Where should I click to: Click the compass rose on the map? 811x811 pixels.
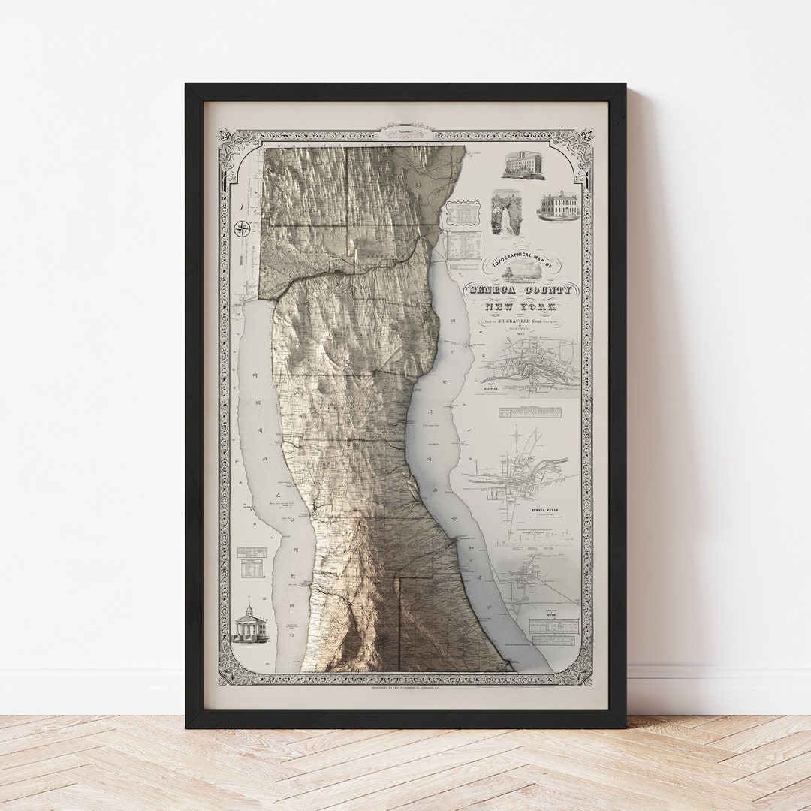point(242,228)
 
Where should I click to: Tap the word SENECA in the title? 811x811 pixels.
point(493,290)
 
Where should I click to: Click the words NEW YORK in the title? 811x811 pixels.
point(520,307)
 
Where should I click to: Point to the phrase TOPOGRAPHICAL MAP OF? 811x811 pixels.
point(519,258)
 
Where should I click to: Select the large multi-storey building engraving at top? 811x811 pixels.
point(523,165)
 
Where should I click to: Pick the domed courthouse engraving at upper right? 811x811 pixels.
point(558,205)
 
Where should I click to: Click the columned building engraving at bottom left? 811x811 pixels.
point(250,623)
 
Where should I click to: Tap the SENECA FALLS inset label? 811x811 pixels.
point(544,510)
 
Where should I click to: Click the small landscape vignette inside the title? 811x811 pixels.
point(521,271)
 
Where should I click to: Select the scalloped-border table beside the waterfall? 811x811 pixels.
point(463,213)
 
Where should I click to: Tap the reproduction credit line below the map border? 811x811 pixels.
point(405,687)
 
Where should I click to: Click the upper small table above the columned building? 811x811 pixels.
point(252,552)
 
